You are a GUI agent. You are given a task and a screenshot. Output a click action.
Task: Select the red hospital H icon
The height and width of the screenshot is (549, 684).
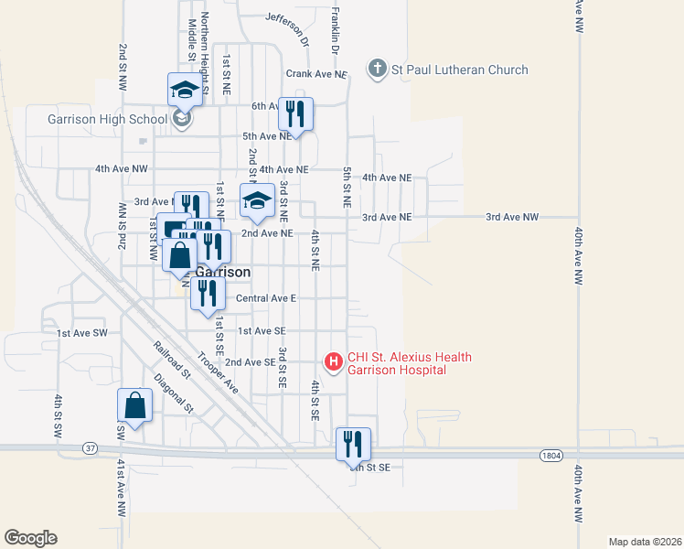coord(334,362)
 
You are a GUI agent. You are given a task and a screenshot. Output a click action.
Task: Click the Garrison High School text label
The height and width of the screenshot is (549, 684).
coord(108,119)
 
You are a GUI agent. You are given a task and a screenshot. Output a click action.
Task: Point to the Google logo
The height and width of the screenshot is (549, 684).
coord(30,538)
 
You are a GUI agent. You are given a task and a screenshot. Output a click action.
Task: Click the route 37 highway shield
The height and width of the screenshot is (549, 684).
coord(89,448)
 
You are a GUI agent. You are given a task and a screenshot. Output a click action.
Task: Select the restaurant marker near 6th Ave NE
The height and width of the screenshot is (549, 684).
coord(296,113)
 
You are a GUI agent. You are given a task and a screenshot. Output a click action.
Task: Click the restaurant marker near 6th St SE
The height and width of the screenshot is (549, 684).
coord(353,444)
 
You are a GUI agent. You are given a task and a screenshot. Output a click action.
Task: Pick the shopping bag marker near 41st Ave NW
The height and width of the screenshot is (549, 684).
coord(135,405)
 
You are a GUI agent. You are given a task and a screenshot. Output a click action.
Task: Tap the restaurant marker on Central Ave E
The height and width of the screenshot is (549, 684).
coord(208,293)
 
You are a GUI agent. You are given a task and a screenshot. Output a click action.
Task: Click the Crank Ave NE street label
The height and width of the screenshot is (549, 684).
coord(316,74)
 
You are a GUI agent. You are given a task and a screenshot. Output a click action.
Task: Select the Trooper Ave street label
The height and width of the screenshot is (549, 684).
coord(219,372)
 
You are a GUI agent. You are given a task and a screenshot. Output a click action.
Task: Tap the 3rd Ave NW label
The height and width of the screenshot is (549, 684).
coord(512,217)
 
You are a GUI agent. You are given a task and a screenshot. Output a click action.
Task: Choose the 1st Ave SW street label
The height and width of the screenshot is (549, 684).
coord(81,333)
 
